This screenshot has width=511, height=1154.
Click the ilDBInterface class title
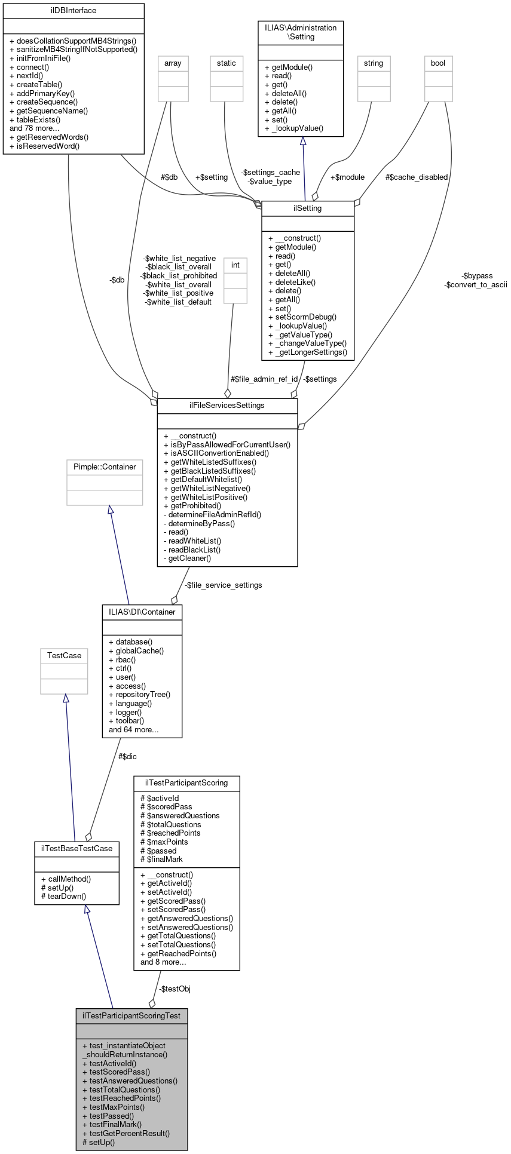pyautogui.click(x=73, y=11)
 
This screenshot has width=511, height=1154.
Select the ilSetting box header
pyautogui.click(x=308, y=208)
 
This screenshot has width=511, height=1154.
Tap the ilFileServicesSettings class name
pyautogui.click(x=227, y=406)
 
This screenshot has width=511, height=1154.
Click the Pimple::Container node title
pyautogui.click(x=105, y=467)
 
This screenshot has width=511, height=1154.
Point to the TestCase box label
pyautogui.click(x=64, y=656)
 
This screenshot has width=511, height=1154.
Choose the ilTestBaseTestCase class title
pyautogui.click(x=77, y=849)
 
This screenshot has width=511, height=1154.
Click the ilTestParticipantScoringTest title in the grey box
pyautogui.click(x=131, y=1015)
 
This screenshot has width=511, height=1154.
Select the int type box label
pyautogui.click(x=235, y=265)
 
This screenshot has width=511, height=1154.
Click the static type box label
pyautogui.click(x=227, y=63)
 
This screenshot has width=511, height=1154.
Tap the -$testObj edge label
pyautogui.click(x=175, y=989)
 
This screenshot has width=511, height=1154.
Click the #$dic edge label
pyautogui.click(x=127, y=757)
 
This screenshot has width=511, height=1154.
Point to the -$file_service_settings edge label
pyautogui.click(x=223, y=585)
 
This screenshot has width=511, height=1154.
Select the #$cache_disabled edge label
pyautogui.click(x=416, y=177)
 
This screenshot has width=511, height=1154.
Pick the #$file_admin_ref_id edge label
pyautogui.click(x=264, y=379)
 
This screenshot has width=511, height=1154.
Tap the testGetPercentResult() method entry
pyautogui.click(x=126, y=1134)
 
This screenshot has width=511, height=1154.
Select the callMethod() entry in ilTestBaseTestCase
pyautogui.click(x=66, y=879)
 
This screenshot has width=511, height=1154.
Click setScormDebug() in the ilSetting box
pyautogui.click(x=302, y=317)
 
